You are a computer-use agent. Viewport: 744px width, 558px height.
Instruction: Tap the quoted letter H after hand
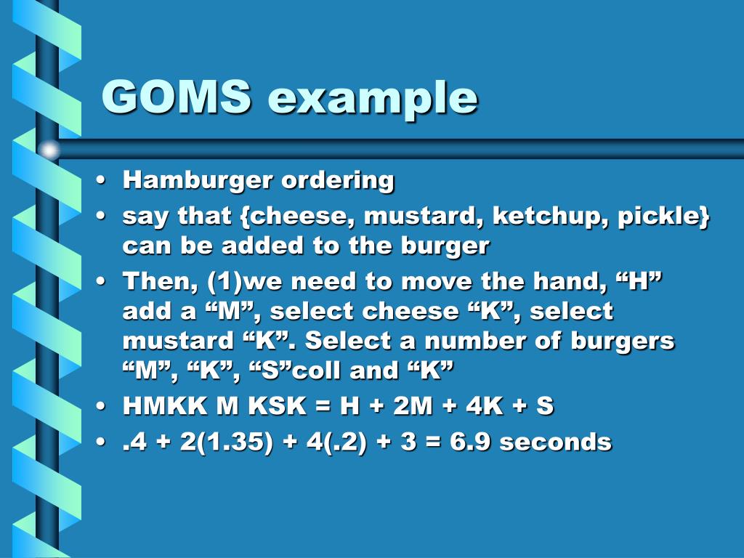click(638, 282)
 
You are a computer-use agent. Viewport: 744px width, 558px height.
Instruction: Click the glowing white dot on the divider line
click(49, 150)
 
